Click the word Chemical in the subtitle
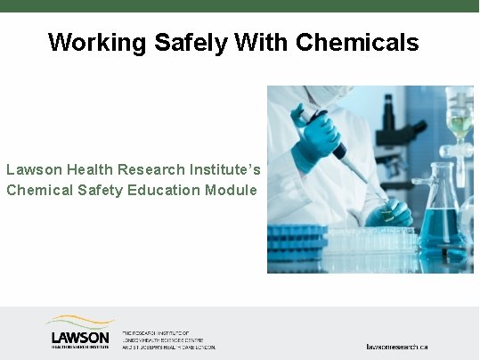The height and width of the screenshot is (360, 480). [x=37, y=190]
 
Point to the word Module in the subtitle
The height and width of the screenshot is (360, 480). [x=232, y=190]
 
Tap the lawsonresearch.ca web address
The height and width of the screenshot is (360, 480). [x=397, y=346]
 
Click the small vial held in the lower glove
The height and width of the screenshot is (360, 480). [x=384, y=212]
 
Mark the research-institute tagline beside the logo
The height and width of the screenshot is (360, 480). [x=167, y=339]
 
